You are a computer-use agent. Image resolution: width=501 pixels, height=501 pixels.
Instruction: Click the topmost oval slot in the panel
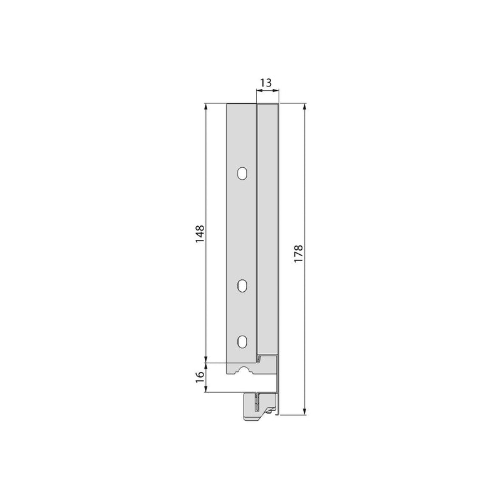point(242,173)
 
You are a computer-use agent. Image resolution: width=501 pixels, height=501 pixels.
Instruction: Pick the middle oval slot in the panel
point(242,286)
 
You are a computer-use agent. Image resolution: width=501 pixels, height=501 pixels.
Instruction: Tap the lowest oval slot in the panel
point(242,341)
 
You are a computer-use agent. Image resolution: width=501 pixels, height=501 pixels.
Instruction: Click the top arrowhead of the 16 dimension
point(207,366)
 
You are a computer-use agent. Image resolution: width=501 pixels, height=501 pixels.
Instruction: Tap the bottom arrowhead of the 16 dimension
point(207,389)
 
